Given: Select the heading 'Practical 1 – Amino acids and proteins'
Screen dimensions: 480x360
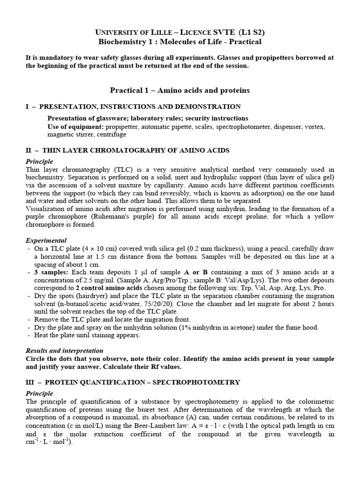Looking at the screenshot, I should [x=180, y=90].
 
